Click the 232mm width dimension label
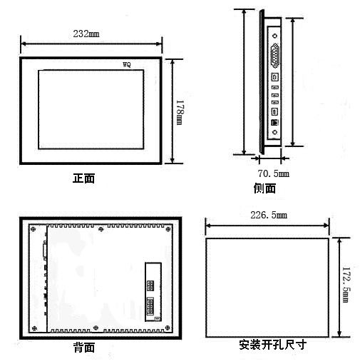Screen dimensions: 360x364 click(x=86, y=34)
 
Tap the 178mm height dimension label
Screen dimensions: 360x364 click(x=180, y=112)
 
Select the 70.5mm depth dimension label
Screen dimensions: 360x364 click(x=273, y=173)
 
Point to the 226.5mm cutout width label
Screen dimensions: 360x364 click(x=269, y=215)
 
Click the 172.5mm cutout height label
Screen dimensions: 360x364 click(x=346, y=285)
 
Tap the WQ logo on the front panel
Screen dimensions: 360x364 click(x=127, y=64)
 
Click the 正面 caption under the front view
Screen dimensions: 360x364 click(x=83, y=178)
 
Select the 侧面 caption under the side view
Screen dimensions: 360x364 click(x=264, y=188)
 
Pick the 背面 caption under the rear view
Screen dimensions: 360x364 click(x=84, y=348)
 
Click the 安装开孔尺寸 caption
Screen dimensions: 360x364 click(x=272, y=345)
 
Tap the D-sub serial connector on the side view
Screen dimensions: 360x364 click(x=275, y=56)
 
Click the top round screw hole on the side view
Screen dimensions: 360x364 click(x=275, y=36)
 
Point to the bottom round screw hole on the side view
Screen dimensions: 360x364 click(x=275, y=132)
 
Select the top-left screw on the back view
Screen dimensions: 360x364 click(x=34, y=229)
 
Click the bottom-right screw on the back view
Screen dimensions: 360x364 click(x=168, y=328)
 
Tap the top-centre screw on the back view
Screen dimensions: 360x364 click(x=101, y=229)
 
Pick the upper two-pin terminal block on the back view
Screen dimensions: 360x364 click(x=150, y=285)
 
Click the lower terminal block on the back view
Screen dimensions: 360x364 click(x=150, y=306)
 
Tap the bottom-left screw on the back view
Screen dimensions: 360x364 click(x=34, y=328)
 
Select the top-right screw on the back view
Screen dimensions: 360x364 click(x=168, y=229)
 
